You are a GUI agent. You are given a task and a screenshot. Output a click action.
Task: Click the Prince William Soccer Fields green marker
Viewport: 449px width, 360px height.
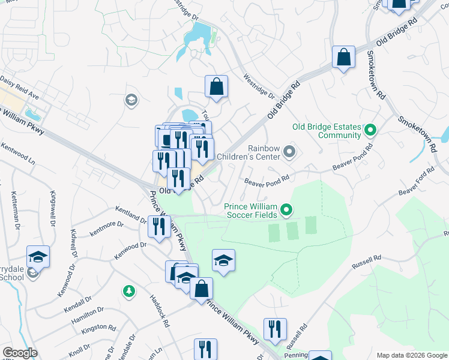click(286, 210)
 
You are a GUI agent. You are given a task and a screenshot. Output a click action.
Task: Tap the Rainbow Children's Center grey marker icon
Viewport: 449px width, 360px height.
click(289, 152)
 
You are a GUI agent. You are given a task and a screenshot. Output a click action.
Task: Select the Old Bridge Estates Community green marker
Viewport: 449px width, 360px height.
click(370, 130)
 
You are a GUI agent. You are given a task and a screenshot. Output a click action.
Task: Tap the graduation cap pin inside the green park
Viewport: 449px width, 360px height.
click(223, 261)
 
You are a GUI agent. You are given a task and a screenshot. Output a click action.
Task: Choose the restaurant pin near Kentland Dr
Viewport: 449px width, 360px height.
click(158, 227)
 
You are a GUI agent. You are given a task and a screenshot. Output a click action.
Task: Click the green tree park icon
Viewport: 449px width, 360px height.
click(128, 292)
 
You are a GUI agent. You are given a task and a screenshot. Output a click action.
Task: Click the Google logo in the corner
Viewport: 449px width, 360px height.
click(20, 353)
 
